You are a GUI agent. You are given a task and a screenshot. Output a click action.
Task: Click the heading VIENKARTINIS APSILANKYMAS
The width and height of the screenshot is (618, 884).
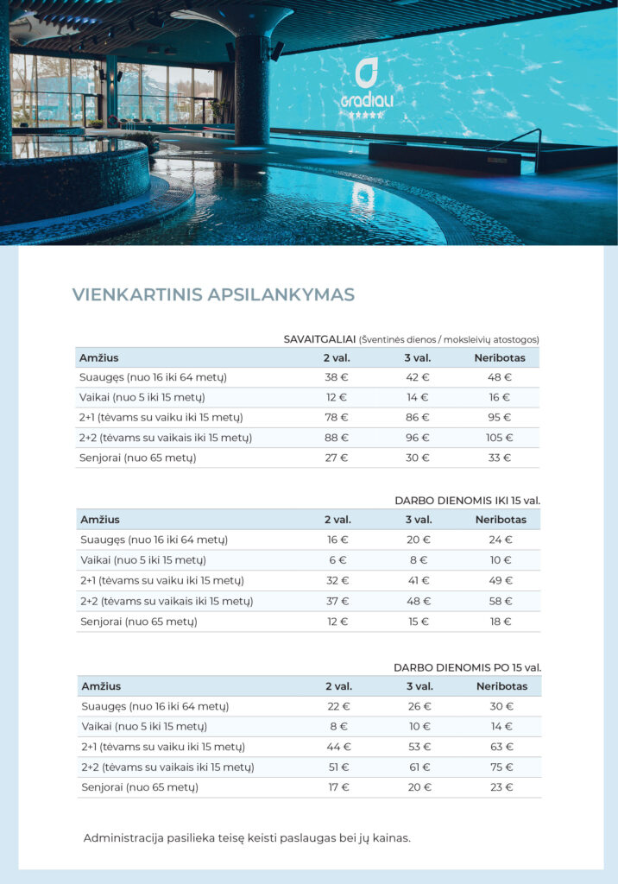213,294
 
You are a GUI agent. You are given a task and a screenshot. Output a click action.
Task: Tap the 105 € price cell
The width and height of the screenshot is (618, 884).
500,438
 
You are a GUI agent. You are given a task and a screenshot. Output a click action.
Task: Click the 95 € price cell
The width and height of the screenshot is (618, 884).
500,417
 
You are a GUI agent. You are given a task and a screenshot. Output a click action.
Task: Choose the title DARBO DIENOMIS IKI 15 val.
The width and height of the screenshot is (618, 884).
467,500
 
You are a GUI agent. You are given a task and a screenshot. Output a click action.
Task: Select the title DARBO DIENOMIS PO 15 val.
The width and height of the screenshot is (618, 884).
467,667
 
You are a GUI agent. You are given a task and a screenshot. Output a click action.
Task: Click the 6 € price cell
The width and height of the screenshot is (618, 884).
337,559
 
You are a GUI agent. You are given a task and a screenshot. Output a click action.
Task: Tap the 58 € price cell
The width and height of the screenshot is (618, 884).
501,601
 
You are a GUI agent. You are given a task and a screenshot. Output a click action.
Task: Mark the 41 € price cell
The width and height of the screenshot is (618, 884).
419,580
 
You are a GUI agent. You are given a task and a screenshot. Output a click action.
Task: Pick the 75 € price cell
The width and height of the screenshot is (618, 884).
501,767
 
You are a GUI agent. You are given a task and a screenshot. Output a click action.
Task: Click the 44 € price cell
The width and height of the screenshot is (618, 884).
338,747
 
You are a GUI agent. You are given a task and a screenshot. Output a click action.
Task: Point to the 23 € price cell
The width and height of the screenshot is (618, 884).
501,787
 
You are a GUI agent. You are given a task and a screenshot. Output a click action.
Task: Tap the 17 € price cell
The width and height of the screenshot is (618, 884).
338,787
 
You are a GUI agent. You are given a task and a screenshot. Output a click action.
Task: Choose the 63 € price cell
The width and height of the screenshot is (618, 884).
501,747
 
